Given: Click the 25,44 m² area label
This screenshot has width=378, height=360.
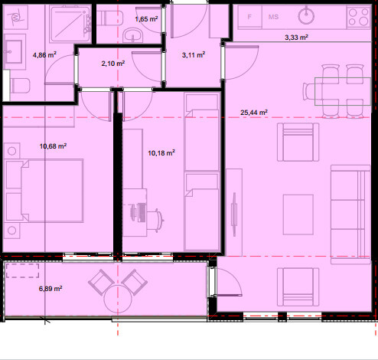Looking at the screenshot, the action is [254, 113].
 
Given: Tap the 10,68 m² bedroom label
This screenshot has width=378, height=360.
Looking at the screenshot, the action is [53, 146].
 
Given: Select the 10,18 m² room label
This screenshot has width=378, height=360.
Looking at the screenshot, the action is [161, 153].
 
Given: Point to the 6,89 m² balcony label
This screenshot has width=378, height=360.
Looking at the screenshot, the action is [51, 289].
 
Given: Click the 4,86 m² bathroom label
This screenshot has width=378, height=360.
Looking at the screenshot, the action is [44, 55].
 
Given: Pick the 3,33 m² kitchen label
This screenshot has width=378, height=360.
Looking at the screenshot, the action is [296, 38].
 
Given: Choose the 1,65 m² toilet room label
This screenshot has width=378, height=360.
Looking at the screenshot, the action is [146, 19].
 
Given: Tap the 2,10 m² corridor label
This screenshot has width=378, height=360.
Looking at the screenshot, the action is [113, 63].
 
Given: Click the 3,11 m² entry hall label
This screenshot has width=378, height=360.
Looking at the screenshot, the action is [194, 55].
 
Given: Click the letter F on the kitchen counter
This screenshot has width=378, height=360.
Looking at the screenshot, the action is [249, 17].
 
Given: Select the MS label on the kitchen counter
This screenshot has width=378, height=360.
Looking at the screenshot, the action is [273, 17].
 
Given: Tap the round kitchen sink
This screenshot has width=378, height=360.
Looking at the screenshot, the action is [306, 16].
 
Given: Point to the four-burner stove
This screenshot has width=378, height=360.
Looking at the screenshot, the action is [359, 17].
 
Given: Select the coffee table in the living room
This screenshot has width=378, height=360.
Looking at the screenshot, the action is [298, 214].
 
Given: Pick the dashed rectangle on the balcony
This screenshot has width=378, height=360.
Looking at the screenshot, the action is [23, 270].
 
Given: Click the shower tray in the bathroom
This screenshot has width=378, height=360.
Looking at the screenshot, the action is [70, 24].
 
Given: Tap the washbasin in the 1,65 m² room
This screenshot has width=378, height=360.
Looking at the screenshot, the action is [132, 35].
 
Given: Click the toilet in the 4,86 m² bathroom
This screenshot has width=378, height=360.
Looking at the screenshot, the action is [20, 86].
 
